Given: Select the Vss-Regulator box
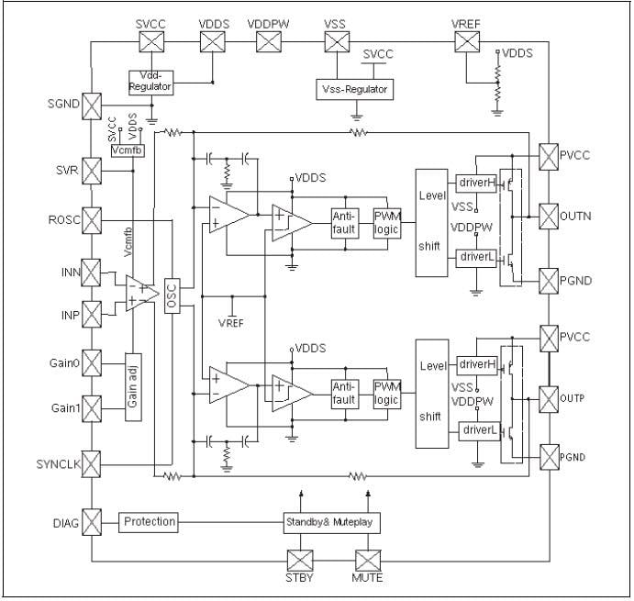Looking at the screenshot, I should tap(353, 89).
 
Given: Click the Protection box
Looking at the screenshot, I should tap(149, 521).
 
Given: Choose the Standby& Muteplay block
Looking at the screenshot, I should tap(330, 522).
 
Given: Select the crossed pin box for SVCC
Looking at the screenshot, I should tap(150, 41).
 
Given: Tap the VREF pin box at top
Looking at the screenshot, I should tap(467, 41).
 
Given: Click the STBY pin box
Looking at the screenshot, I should tap(300, 561).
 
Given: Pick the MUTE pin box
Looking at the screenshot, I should tap(367, 561).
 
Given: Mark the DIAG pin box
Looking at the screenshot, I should tap(93, 522).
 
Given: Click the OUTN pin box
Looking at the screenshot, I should tap(548, 216).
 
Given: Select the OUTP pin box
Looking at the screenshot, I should tap(548, 398).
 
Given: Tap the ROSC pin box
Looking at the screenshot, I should tap(93, 220).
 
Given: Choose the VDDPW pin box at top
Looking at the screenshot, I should tap(268, 41).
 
